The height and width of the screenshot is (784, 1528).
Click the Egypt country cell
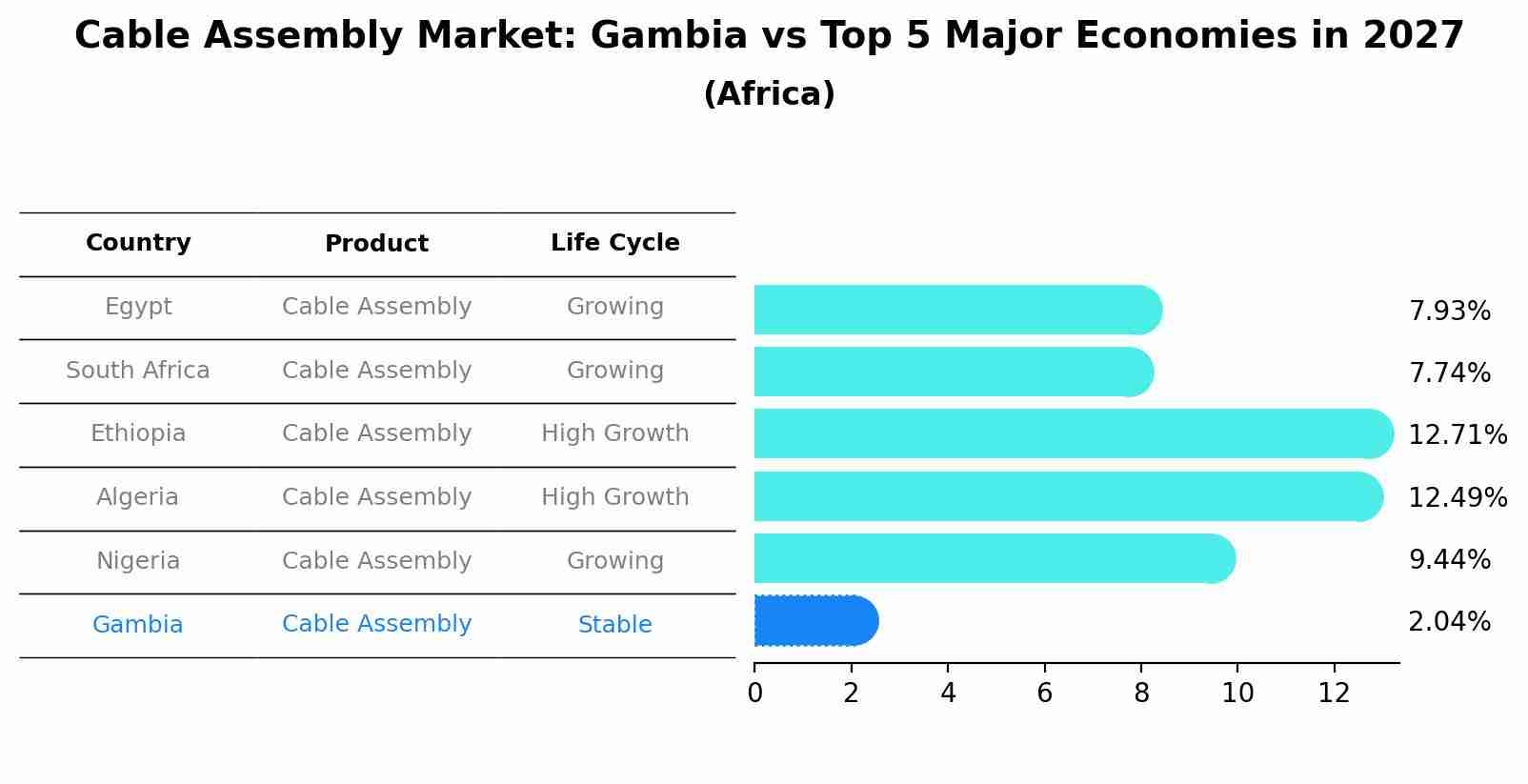(x=138, y=307)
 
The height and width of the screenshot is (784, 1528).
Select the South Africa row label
(x=138, y=371)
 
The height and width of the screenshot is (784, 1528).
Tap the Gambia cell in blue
(x=138, y=625)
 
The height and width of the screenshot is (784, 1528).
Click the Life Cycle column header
(x=614, y=243)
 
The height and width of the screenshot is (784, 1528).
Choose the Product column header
(x=376, y=244)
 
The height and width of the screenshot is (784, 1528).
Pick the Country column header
(x=138, y=243)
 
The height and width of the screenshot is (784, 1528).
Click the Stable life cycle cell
(x=614, y=625)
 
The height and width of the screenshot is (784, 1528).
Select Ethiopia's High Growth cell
(x=614, y=433)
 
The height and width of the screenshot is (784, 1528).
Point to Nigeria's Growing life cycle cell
(x=614, y=561)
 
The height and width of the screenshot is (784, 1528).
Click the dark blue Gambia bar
(x=814, y=621)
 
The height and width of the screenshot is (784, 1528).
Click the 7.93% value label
(x=1449, y=312)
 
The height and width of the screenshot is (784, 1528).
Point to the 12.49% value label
(x=1458, y=497)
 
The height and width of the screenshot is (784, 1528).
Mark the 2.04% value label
(x=1449, y=622)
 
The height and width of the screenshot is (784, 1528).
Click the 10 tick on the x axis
(x=1237, y=694)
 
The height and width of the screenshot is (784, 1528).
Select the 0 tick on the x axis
(x=754, y=694)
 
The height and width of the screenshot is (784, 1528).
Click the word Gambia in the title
(x=669, y=36)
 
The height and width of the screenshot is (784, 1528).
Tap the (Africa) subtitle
(x=769, y=94)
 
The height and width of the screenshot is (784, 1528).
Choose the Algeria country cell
(x=138, y=497)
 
